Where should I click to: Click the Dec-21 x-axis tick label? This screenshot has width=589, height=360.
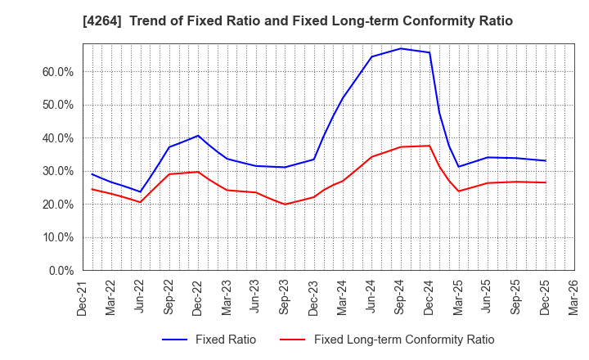pos(83,296)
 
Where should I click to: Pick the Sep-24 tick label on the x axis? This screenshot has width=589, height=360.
pos(401,296)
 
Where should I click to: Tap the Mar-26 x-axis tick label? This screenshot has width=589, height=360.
pos(574,296)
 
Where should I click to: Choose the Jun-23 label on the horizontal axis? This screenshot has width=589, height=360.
pos(256,296)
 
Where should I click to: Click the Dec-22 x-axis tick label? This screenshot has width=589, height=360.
pos(198,296)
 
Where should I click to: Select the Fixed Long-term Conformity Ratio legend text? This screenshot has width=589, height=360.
pos(404,340)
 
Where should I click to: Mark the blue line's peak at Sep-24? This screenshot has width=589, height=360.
pos(401,48)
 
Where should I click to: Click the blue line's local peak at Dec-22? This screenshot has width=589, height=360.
pos(198,136)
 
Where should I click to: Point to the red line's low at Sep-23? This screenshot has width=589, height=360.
pos(285,205)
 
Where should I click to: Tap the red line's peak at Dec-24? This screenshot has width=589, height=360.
pos(429,146)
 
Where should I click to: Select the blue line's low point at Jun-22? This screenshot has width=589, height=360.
pos(141,192)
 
